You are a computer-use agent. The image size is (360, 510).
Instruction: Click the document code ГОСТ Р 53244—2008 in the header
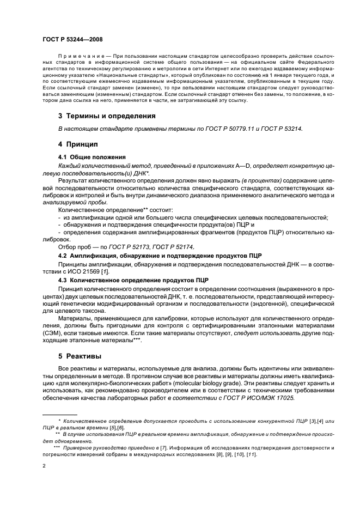73,40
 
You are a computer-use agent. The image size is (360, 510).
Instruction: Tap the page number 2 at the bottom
44,466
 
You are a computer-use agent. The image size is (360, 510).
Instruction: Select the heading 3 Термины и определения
107,116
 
